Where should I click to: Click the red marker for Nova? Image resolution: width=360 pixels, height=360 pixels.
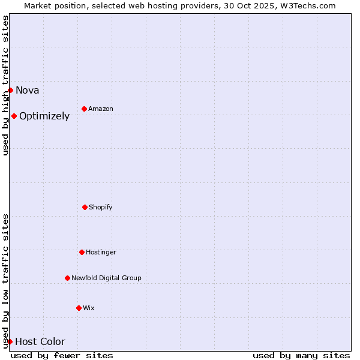point(10,90)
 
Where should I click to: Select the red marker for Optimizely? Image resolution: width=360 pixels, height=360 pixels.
point(14,116)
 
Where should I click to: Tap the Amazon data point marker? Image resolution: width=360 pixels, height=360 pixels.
point(84,109)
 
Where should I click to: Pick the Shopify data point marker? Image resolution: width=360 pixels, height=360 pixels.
point(85,207)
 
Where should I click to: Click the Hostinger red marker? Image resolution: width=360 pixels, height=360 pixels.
point(82,252)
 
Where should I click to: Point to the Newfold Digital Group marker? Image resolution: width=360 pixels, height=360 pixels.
point(67,278)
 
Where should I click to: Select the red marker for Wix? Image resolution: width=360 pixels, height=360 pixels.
point(79,308)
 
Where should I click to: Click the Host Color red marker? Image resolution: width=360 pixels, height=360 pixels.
point(10,341)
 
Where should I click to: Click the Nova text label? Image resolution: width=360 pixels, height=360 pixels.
point(28,91)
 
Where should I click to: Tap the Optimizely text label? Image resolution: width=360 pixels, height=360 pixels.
point(44,116)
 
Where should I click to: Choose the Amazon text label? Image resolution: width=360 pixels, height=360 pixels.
point(101,109)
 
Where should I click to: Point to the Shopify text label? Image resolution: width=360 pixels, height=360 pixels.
point(101,208)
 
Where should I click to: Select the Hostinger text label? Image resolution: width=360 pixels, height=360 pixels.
point(101,253)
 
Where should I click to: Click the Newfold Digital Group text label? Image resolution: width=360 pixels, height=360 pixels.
point(106,278)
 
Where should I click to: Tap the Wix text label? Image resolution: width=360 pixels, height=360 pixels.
point(89,308)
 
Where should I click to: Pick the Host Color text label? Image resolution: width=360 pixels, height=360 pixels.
point(40,342)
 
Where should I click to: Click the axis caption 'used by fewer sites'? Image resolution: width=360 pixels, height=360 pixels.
point(62,355)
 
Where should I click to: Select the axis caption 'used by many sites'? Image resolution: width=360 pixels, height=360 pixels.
point(301,355)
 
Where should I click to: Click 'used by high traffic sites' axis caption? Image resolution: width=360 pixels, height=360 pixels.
point(6,85)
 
